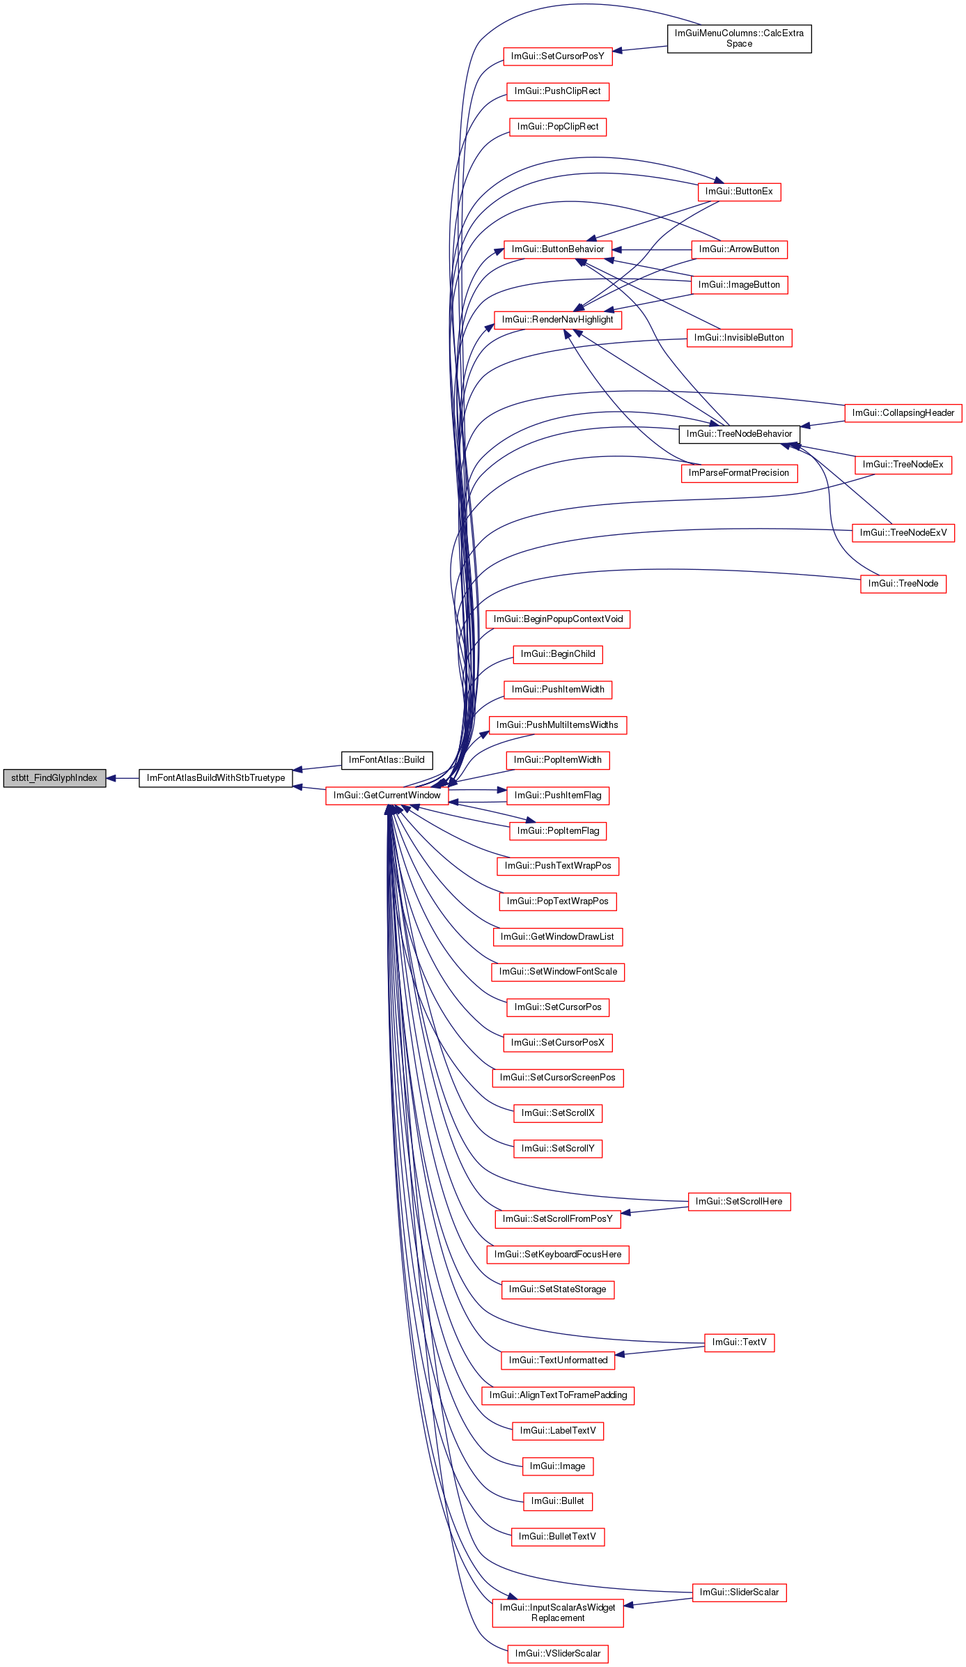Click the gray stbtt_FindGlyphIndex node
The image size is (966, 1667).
(54, 778)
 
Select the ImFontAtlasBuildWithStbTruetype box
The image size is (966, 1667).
(216, 778)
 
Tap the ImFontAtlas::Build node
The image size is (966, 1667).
(387, 760)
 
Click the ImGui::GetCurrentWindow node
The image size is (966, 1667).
(387, 796)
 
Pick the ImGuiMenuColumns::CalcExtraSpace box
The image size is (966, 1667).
(739, 38)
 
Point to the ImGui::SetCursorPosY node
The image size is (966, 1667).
(558, 56)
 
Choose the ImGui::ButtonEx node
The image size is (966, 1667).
(739, 192)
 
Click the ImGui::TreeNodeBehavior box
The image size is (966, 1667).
(739, 434)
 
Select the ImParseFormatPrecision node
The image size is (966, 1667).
(739, 473)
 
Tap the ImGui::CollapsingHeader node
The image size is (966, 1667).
(903, 413)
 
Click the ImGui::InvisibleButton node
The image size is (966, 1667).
(739, 338)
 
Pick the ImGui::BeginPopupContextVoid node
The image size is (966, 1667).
(558, 619)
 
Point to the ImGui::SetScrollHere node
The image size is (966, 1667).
(739, 1202)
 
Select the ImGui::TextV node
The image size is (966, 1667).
(739, 1342)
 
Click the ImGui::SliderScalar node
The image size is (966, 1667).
(739, 1592)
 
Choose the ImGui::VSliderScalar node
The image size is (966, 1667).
(558, 1654)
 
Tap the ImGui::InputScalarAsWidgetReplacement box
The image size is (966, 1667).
(558, 1613)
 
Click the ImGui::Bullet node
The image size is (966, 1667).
(558, 1501)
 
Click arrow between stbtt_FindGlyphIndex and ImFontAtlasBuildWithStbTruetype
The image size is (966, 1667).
(123, 778)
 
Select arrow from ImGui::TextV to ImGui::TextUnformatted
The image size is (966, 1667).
(660, 1351)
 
